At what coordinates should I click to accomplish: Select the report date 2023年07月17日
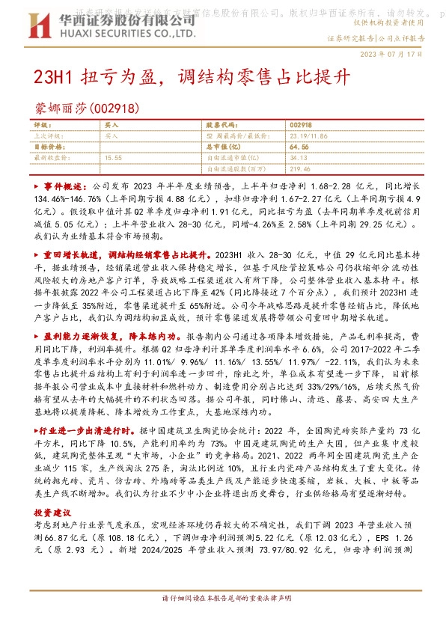[397, 55]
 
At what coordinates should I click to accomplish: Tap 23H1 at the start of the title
[53, 77]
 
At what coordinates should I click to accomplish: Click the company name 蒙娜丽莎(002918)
[88, 108]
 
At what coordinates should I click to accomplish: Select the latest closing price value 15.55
[114, 158]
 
